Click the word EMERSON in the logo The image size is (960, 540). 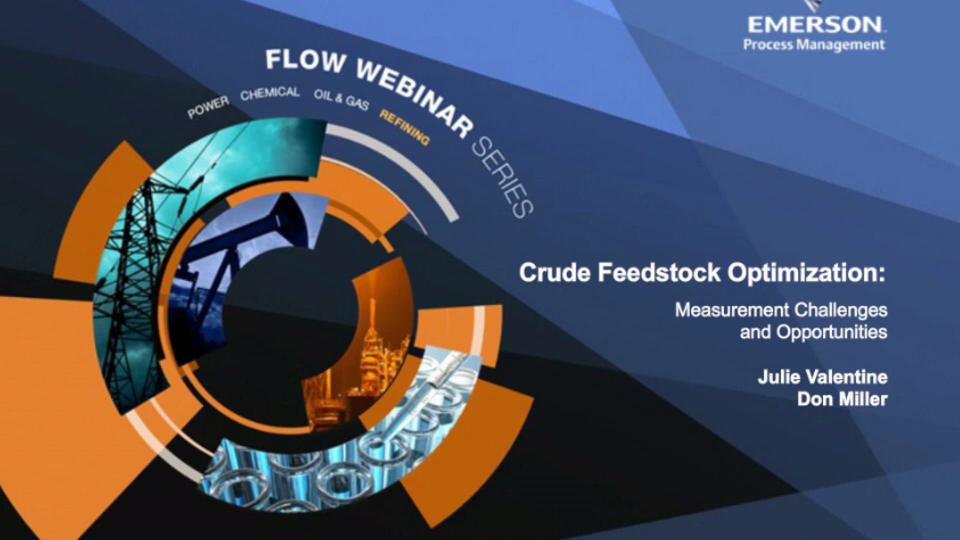click(x=815, y=24)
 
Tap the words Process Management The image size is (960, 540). click(x=814, y=45)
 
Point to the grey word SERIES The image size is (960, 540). click(x=502, y=177)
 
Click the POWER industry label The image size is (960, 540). click(x=208, y=107)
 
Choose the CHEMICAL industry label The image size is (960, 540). click(x=269, y=93)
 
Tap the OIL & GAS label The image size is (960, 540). click(x=341, y=99)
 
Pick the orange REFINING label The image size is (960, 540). click(x=404, y=127)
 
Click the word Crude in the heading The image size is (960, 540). click(x=555, y=273)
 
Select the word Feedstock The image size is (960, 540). click(x=659, y=273)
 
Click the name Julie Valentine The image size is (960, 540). click(x=822, y=376)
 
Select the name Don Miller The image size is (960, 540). click(x=842, y=399)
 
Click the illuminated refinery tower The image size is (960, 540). click(x=372, y=340)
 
